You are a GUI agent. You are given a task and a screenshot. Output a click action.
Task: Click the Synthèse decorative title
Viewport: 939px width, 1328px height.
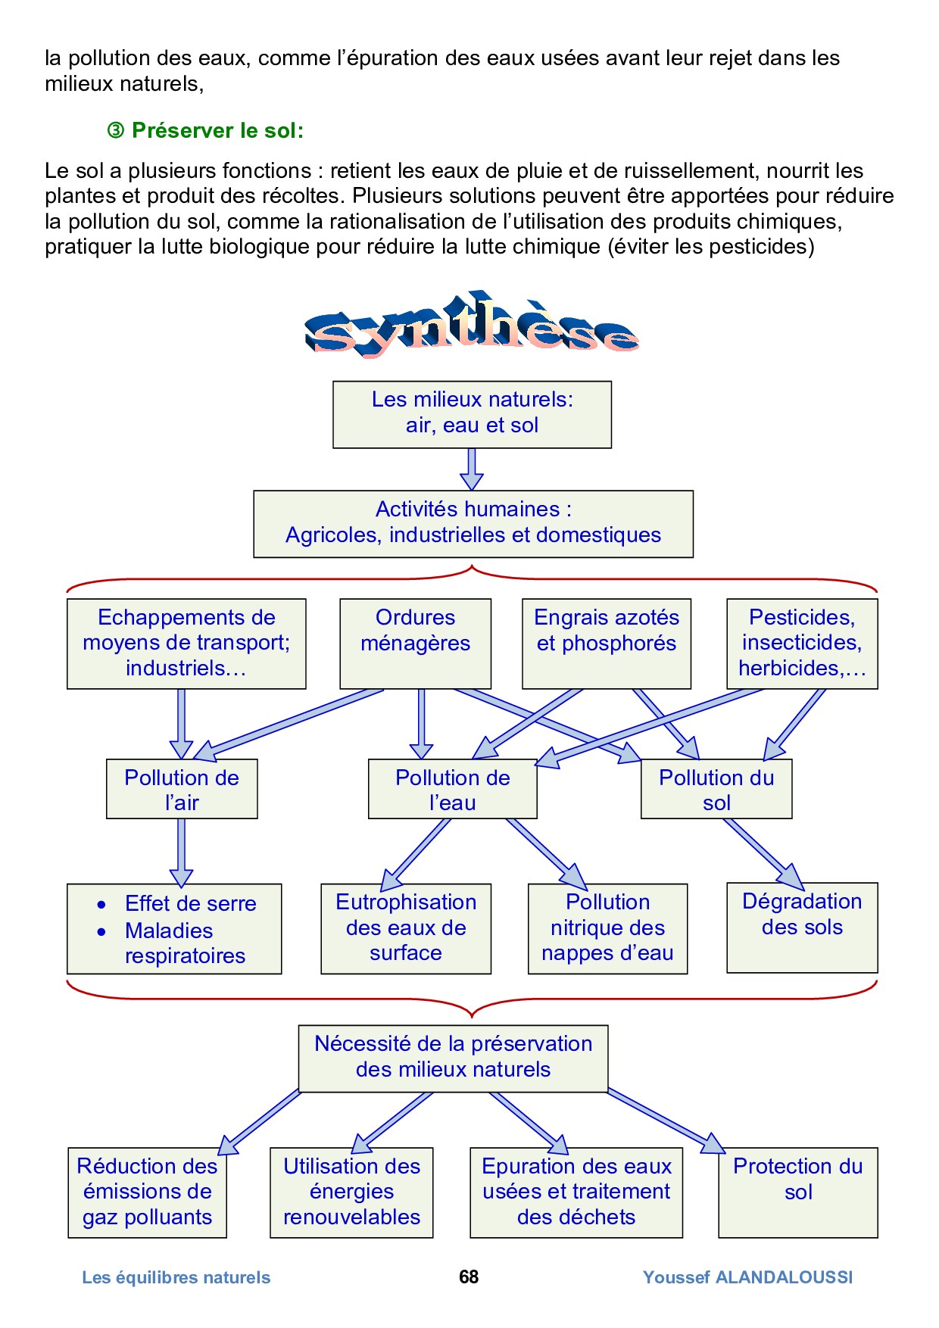(x=471, y=326)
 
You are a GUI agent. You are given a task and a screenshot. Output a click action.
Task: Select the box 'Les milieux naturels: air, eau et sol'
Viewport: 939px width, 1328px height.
(x=472, y=414)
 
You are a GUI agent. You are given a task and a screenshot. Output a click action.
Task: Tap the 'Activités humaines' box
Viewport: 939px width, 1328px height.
(x=473, y=523)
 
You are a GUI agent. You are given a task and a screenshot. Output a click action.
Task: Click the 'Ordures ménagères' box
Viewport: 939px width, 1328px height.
(x=415, y=643)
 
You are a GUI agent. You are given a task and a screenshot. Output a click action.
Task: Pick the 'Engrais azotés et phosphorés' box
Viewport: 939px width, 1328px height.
(x=606, y=643)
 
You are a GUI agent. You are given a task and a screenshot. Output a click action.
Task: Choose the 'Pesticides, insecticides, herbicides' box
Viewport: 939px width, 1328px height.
(x=802, y=643)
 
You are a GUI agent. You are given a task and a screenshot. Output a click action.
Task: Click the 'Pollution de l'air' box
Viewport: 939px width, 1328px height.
(x=182, y=789)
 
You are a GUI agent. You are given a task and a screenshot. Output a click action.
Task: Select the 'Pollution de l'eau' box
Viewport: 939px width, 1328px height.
(x=452, y=789)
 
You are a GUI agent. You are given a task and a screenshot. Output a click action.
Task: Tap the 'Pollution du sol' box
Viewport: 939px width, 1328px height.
(x=716, y=789)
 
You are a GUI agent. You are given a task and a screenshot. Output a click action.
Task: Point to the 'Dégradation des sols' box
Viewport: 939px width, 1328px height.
(x=802, y=927)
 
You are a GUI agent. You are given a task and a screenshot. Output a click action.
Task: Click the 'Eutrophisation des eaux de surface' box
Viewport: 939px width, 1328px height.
(x=406, y=928)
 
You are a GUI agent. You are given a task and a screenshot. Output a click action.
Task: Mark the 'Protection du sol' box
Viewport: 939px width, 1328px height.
(x=798, y=1192)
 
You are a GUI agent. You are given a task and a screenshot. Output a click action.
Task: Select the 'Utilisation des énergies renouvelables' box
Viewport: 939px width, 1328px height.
(x=351, y=1192)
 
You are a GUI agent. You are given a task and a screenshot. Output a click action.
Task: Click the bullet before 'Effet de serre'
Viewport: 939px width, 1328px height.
(x=101, y=905)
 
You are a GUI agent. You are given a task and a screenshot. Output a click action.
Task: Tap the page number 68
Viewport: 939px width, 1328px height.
(x=469, y=1277)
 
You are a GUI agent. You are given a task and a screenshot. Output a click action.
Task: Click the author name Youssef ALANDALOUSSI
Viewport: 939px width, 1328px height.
(x=747, y=1277)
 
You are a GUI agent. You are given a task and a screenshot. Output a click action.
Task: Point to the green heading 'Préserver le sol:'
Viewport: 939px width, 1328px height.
(x=217, y=131)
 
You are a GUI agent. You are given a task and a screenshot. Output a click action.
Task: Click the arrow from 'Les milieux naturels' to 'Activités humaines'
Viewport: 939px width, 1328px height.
(x=472, y=469)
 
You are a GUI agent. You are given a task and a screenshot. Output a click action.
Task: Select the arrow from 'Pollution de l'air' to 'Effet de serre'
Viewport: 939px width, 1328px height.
(x=181, y=852)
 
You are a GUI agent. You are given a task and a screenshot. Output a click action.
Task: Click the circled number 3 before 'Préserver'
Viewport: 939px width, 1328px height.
(x=115, y=132)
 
